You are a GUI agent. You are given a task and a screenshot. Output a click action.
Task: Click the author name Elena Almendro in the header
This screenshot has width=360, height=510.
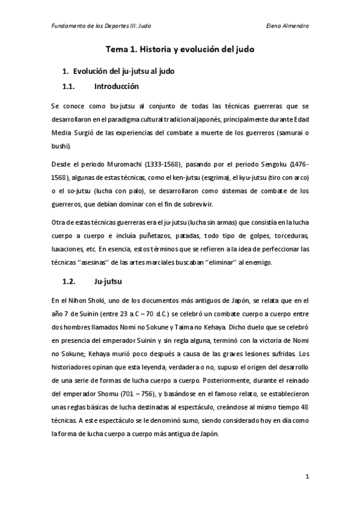pos(287,26)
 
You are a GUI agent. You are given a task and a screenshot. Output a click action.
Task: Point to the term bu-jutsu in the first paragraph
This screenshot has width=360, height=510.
pos(113,106)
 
